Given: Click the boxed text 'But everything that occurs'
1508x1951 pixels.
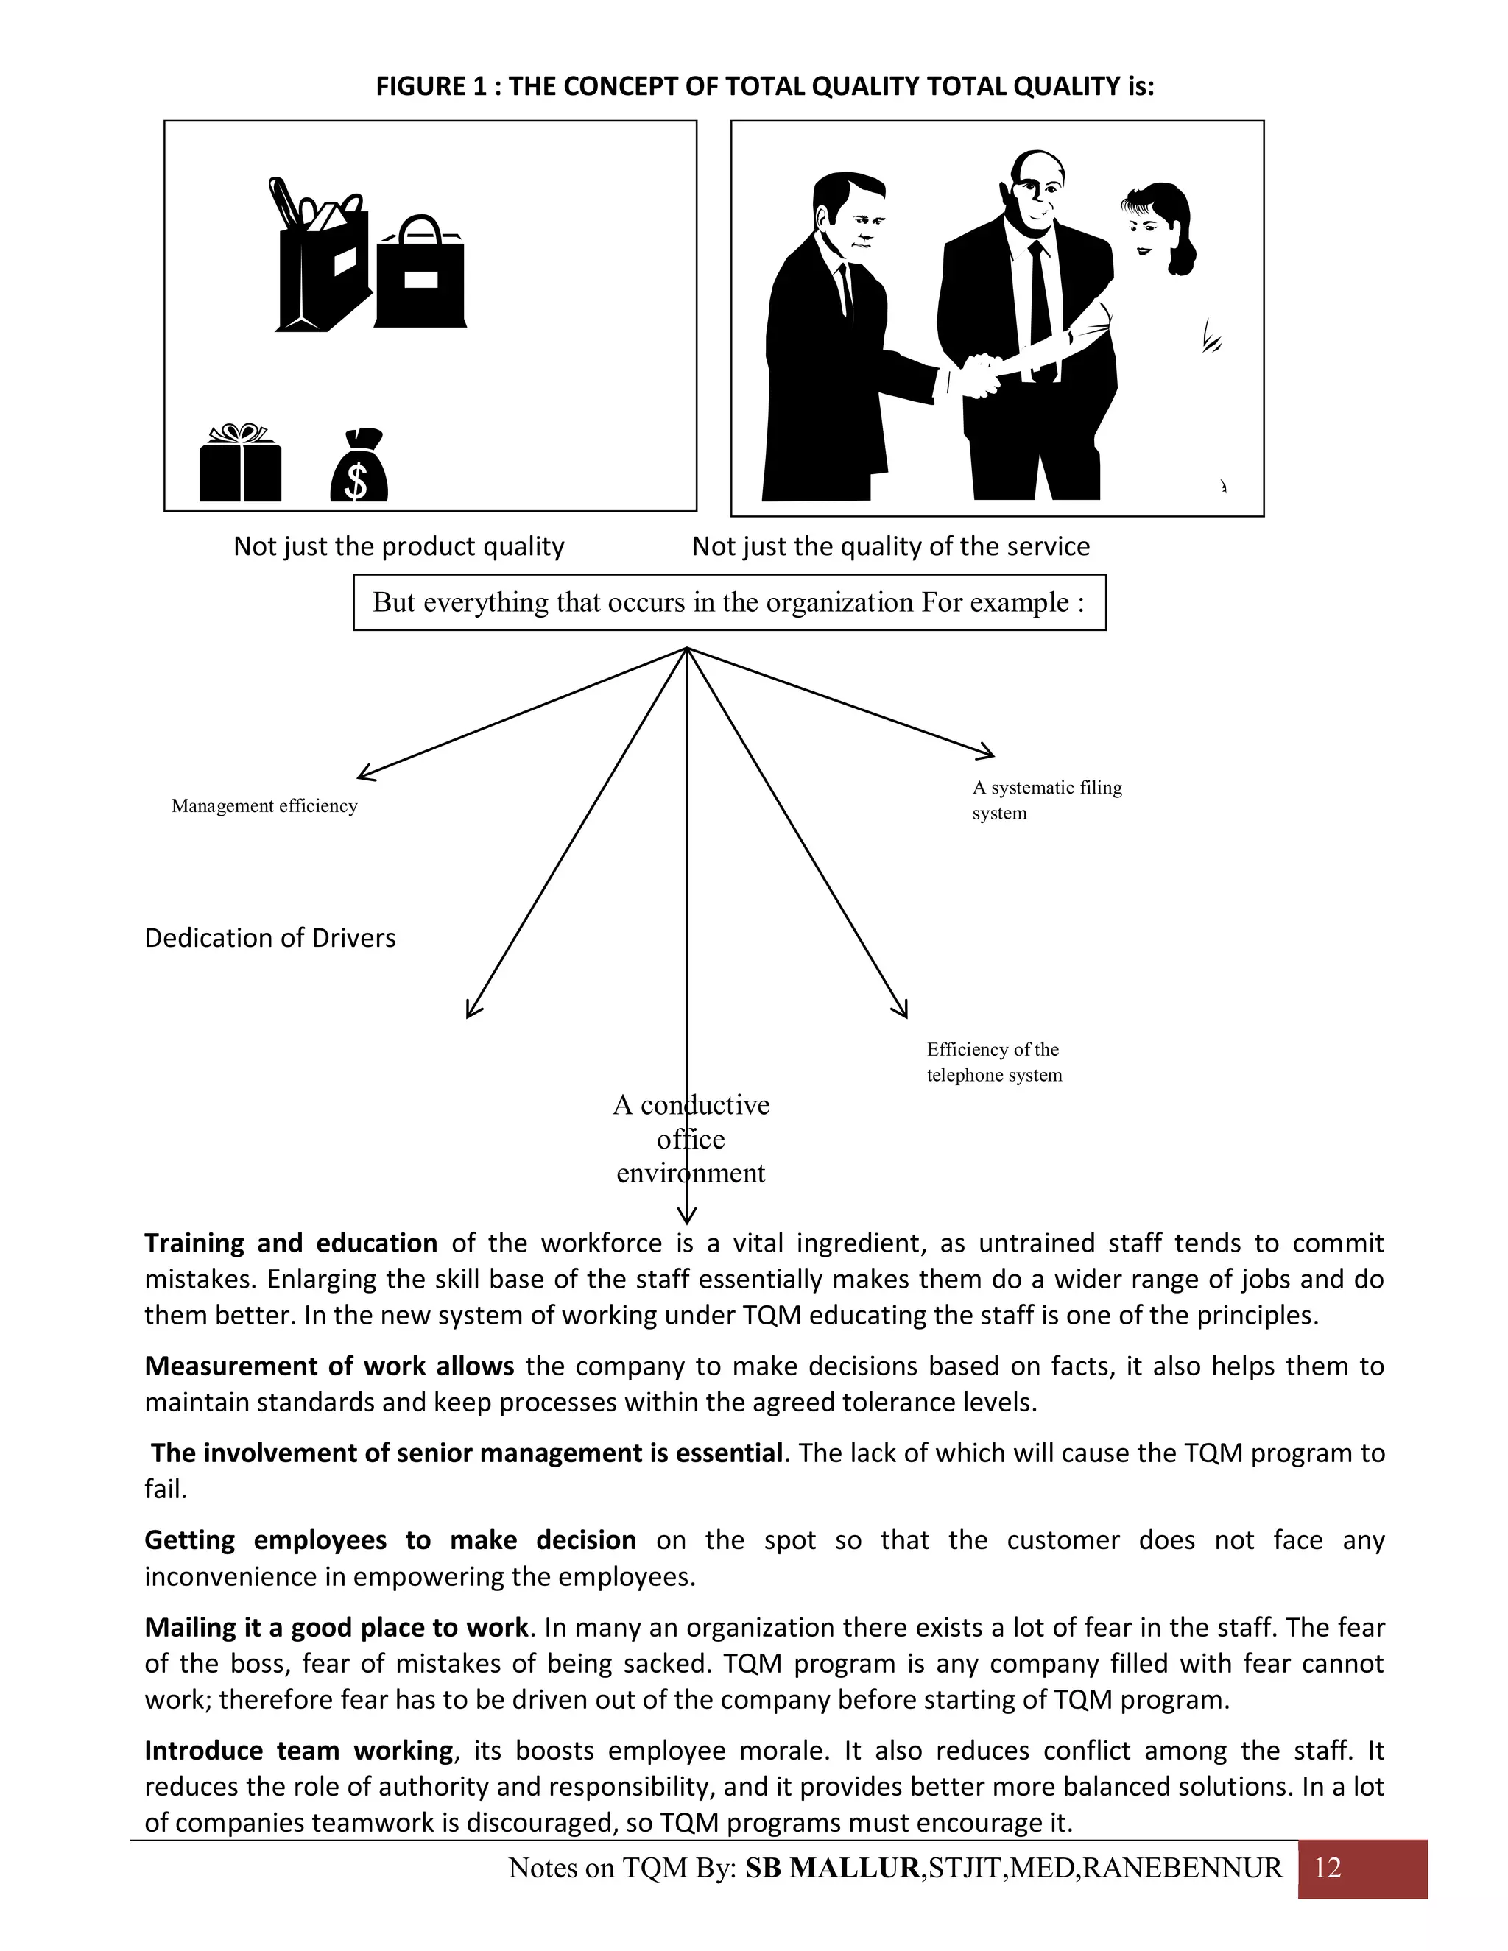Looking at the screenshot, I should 729,602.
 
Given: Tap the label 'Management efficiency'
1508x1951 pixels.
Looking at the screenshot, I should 264,805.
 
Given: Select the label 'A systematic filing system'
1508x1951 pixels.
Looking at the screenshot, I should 1046,800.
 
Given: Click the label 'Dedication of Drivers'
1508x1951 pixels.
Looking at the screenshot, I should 269,938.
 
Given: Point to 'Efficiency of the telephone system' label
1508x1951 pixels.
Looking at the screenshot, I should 993,1062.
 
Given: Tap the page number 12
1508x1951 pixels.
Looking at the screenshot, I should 1328,1867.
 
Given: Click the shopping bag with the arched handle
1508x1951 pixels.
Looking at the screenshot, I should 420,277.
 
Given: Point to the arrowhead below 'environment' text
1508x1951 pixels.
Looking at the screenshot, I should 686,1215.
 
